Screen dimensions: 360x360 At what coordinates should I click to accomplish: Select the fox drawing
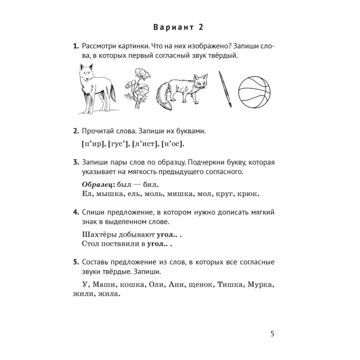182,90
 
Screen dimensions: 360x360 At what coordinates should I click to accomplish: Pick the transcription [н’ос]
173,144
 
